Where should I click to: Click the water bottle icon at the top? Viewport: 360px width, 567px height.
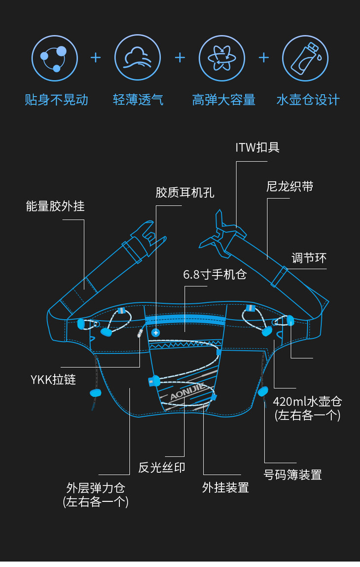[305, 58]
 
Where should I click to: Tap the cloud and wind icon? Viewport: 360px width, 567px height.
[138, 58]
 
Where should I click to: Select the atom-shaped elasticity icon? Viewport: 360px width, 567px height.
[222, 58]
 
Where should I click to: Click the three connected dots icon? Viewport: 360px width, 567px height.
[54, 58]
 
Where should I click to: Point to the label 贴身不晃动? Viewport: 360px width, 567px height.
[56, 100]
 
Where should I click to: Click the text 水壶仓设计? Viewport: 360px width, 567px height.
[308, 100]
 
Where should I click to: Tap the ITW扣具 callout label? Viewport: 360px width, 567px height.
[257, 147]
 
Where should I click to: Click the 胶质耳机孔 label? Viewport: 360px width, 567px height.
[185, 192]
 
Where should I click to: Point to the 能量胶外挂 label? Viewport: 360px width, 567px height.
[55, 206]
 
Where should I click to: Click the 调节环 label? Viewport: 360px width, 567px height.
[309, 258]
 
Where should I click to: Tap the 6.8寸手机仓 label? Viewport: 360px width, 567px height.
[215, 274]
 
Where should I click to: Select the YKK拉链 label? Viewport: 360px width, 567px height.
[53, 380]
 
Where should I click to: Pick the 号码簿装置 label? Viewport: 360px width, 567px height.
[292, 475]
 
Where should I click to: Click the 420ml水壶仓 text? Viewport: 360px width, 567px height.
[307, 401]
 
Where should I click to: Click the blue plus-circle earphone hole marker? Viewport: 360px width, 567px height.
[156, 333]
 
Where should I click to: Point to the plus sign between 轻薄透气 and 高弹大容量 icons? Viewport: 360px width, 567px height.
[180, 58]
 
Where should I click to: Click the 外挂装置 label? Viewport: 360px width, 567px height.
[225, 488]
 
